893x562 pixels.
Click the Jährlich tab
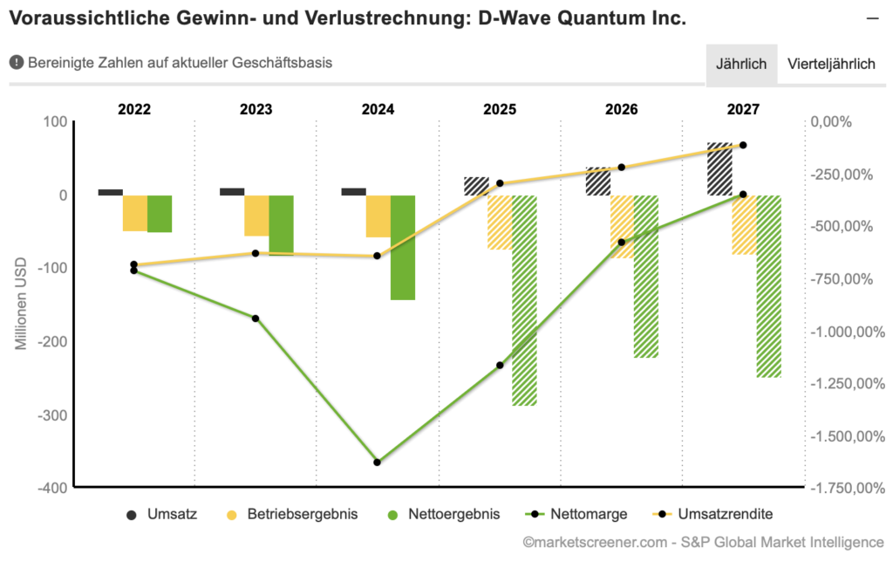coord(740,64)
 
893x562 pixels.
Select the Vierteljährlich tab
coord(830,64)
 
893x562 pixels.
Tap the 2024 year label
coord(378,109)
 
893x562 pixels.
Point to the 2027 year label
coord(743,109)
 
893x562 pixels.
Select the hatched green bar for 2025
coord(524,300)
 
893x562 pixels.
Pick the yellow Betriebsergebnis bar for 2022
coord(134,213)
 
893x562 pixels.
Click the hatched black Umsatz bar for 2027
coord(719,168)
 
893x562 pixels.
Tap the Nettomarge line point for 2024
coord(377,462)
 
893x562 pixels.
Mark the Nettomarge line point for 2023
coord(256,319)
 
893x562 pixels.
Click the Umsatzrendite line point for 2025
coord(500,183)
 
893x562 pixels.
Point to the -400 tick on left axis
coord(51,487)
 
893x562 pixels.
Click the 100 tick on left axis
coord(55,121)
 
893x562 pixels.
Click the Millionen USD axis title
coord(21,303)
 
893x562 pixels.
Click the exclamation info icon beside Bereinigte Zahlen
coord(16,63)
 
